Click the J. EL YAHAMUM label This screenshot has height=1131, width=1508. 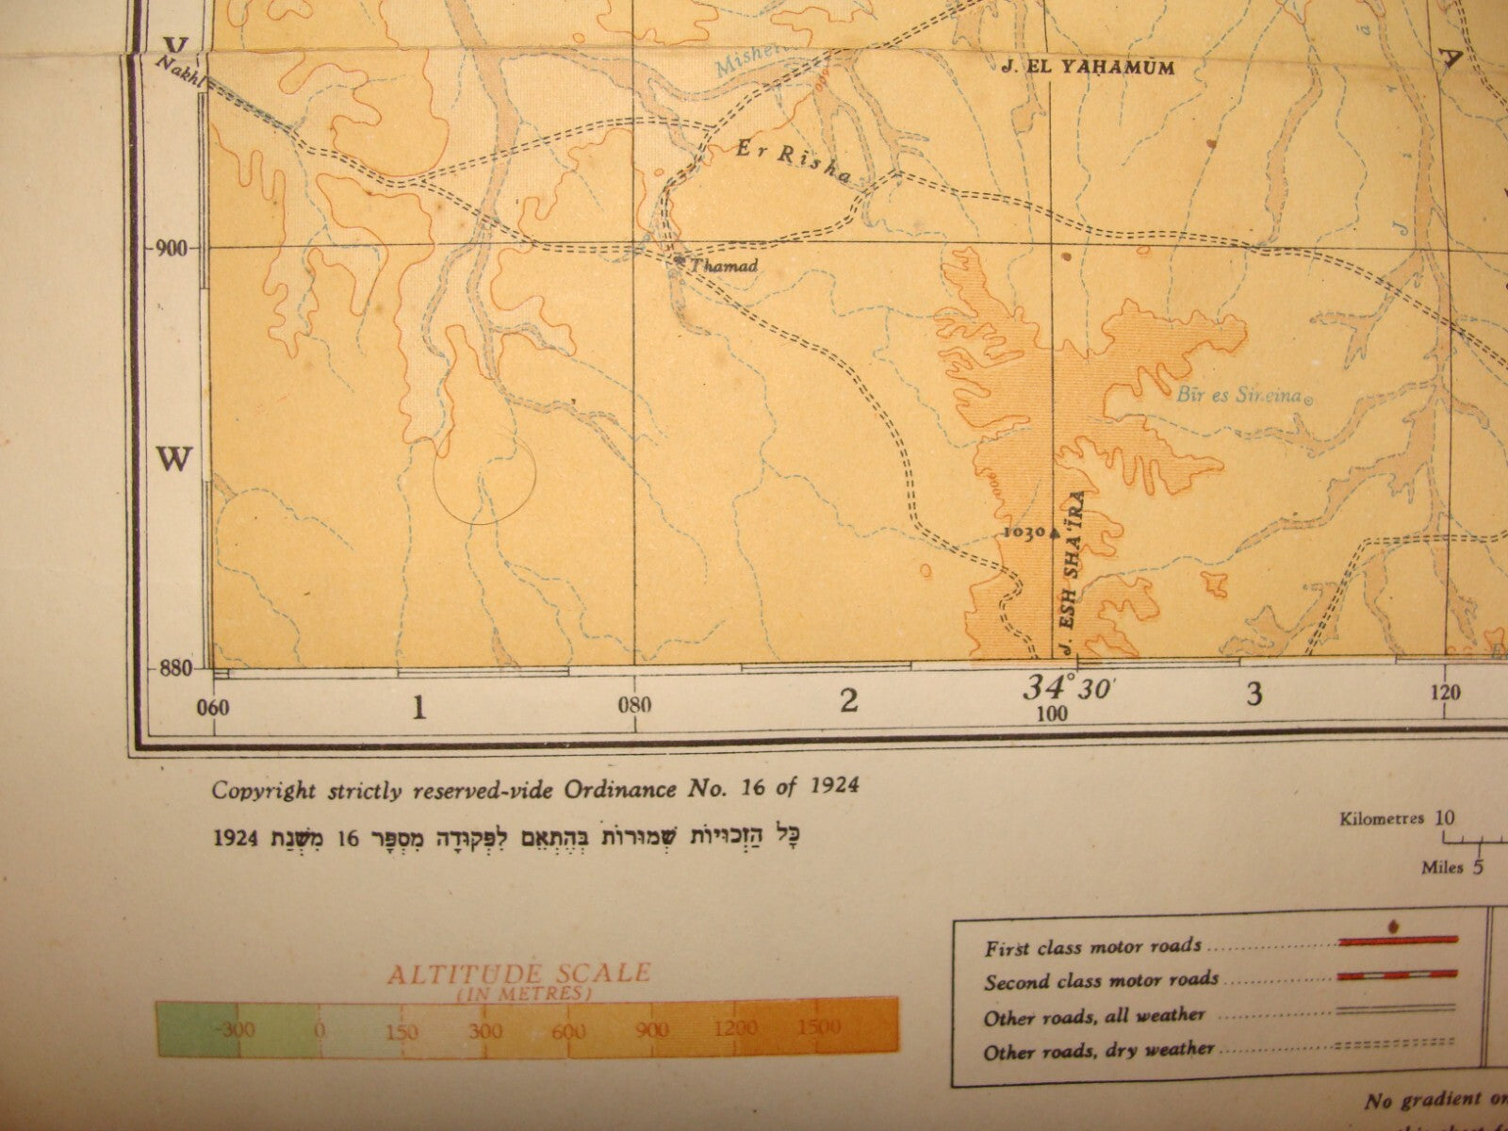[x=1088, y=67]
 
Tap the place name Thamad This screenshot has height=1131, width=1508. [x=724, y=267]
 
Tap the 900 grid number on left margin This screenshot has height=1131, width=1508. [x=172, y=248]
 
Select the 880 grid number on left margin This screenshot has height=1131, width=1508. [x=172, y=668]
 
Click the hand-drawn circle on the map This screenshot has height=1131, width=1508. [x=484, y=473]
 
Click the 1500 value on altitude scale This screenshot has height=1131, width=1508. [x=817, y=1027]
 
